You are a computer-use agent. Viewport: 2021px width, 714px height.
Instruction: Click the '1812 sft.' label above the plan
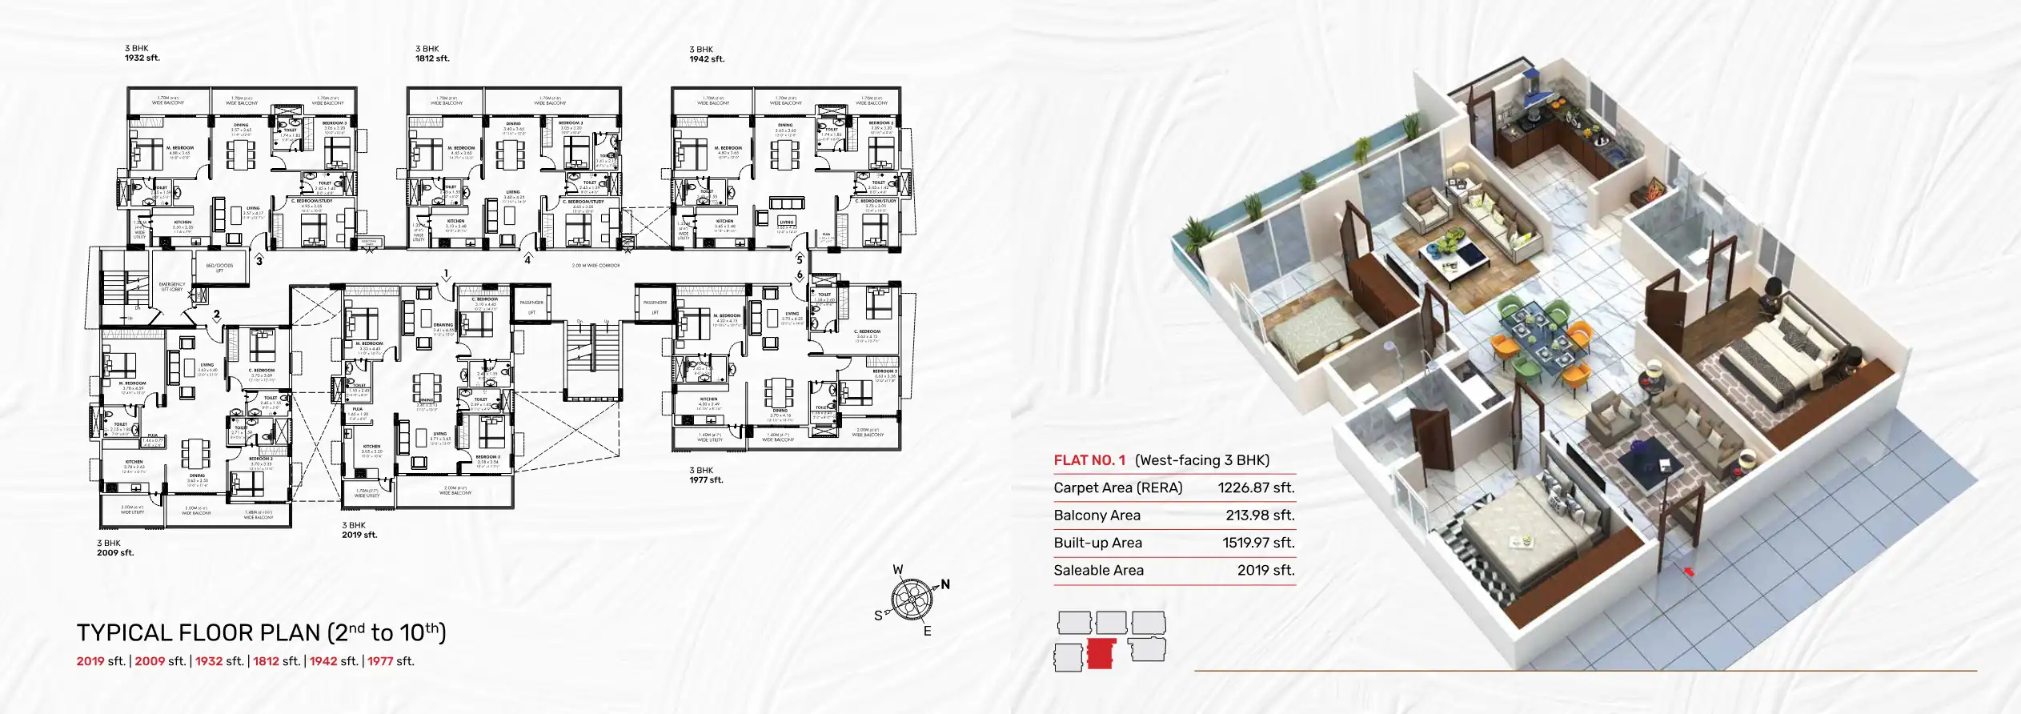[x=432, y=58]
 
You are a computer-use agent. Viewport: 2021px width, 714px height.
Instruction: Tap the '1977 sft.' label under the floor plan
[x=706, y=480]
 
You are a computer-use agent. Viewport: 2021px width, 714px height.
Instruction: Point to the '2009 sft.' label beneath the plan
[x=115, y=553]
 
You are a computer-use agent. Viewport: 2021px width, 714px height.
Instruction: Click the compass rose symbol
[x=912, y=599]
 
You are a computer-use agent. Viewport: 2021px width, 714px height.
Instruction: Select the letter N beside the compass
[x=945, y=584]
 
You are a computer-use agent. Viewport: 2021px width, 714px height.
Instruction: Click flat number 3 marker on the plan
[x=259, y=261]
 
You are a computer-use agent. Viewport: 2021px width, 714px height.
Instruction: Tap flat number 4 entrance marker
[x=527, y=260]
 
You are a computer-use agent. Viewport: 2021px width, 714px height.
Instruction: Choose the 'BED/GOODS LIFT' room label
[x=219, y=267]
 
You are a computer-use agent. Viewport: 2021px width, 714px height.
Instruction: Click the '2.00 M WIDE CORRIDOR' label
[x=595, y=266]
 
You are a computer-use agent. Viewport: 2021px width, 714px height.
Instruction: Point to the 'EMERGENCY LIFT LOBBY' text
[x=172, y=287]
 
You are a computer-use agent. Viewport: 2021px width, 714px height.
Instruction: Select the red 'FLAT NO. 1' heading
[x=1089, y=460]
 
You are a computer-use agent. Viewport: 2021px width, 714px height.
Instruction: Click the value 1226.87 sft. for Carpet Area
[x=1256, y=487]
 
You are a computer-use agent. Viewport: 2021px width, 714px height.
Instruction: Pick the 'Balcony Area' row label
[x=1097, y=515]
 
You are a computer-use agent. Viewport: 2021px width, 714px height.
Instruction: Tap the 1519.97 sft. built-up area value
[x=1257, y=543]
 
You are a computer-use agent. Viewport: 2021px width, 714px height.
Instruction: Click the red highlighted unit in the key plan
[x=1101, y=654]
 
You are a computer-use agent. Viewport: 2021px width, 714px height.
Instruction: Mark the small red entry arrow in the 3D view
[x=1689, y=572]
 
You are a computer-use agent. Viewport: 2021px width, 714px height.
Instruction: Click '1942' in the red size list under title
[x=323, y=661]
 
